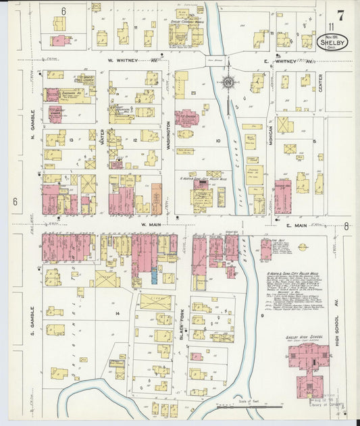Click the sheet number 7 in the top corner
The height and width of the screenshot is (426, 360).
click(341, 14)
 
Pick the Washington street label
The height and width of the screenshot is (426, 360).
click(168, 135)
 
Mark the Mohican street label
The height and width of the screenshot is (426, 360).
click(269, 135)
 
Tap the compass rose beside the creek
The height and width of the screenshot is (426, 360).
click(229, 82)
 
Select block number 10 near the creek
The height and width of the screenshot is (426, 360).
click(217, 140)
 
